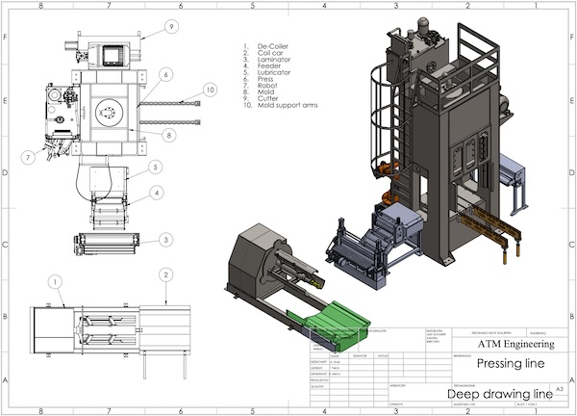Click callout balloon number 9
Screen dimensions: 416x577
(171, 26)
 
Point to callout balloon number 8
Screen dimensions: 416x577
(168, 136)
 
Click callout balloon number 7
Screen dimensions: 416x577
(29, 156)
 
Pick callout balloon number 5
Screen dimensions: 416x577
(152, 167)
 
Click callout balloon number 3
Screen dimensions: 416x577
(166, 240)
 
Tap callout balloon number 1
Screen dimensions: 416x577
(56, 280)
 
